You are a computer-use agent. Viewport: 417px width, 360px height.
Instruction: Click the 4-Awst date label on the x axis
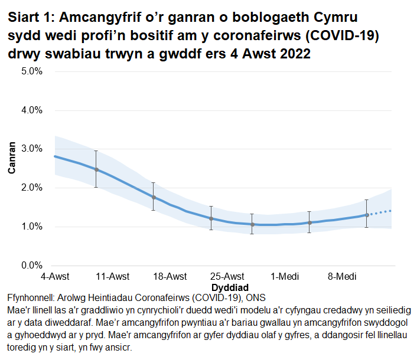(54, 276)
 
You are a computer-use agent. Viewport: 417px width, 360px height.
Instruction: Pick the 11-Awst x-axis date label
(112, 276)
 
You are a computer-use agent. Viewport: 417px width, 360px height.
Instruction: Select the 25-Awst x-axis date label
(227, 276)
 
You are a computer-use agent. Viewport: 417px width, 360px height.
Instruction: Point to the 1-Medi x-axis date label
(285, 276)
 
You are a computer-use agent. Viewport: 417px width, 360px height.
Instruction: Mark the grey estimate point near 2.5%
(96, 169)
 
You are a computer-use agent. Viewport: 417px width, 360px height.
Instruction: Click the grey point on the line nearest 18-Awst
(154, 198)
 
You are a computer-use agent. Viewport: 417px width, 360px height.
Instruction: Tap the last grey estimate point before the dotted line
(367, 215)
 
